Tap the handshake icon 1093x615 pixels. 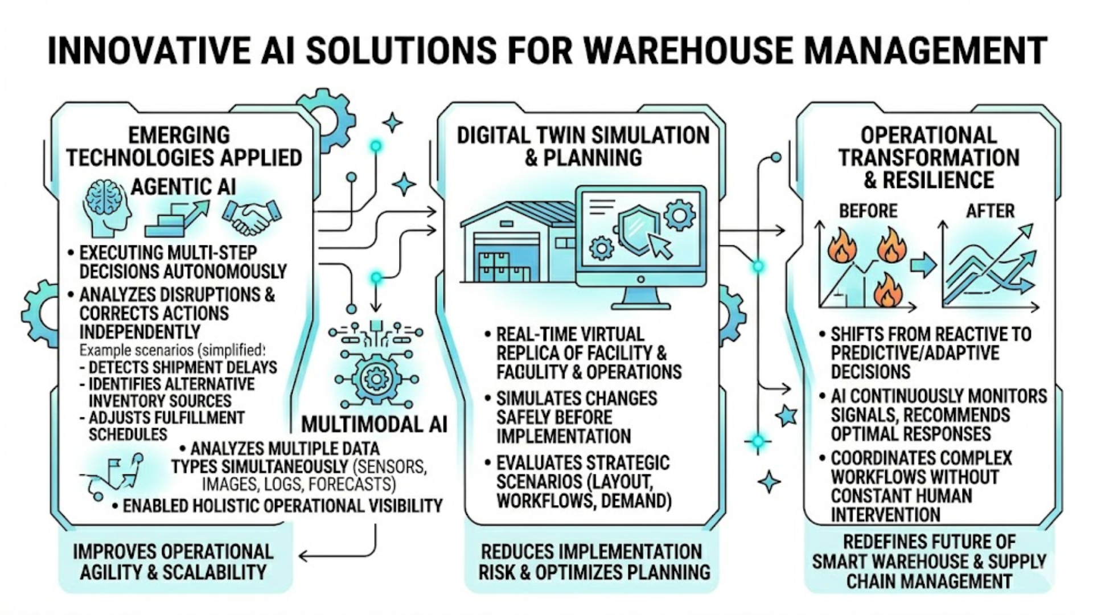tap(251, 217)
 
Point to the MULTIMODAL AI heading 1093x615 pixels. tap(374, 424)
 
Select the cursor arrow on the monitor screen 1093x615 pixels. tap(660, 247)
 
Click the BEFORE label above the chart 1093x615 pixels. tap(868, 211)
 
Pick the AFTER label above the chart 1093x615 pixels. tap(990, 211)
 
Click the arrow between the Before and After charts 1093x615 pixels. tap(923, 265)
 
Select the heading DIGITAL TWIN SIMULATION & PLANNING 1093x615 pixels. tap(583, 146)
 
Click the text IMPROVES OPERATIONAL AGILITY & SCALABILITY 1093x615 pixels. tap(173, 562)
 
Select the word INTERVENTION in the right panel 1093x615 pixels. tap(885, 515)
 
